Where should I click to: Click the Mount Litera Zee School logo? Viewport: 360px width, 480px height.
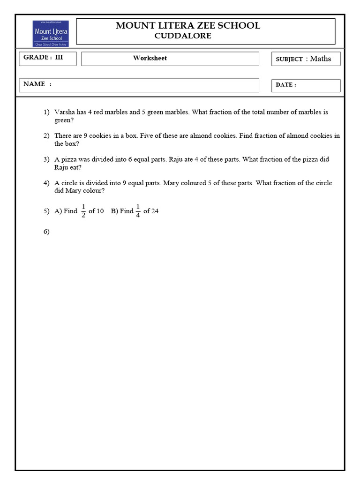pyautogui.click(x=51, y=33)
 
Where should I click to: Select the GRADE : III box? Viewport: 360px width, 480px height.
pyautogui.click(x=47, y=58)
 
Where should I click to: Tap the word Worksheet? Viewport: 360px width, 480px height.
pyautogui.click(x=150, y=58)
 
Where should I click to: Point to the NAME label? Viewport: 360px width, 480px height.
pyautogui.click(x=35, y=84)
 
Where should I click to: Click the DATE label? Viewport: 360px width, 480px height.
pyautogui.click(x=285, y=85)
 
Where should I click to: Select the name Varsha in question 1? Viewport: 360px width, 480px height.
pyautogui.click(x=65, y=112)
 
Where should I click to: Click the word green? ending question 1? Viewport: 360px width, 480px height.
pyautogui.click(x=64, y=120)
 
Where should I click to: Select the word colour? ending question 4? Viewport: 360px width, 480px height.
pyautogui.click(x=93, y=191)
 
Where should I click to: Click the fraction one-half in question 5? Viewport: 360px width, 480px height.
pyautogui.click(x=83, y=211)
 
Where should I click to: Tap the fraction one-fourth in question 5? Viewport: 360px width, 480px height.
pyautogui.click(x=138, y=211)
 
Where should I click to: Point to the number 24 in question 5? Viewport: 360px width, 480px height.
pyautogui.click(x=155, y=211)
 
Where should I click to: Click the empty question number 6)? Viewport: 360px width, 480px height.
pyautogui.click(x=46, y=232)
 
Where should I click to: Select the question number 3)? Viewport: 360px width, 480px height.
pyautogui.click(x=46, y=159)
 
